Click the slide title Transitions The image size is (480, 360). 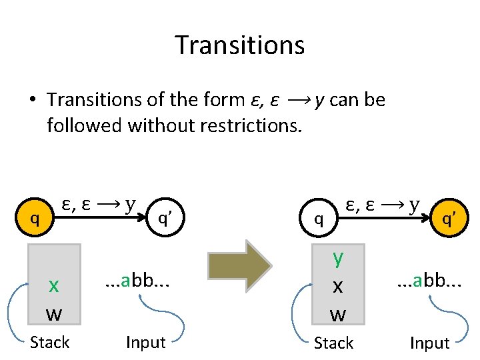(240, 45)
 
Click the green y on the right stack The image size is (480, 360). (338, 257)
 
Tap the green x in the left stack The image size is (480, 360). (54, 285)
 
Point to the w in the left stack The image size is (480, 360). (54, 312)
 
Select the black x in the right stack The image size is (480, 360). (338, 286)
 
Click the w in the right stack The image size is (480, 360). (338, 313)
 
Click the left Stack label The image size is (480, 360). (50, 343)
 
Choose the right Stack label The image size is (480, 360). (333, 343)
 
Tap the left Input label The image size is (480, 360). (145, 343)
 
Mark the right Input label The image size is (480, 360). (429, 343)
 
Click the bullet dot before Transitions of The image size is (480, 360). (32, 100)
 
